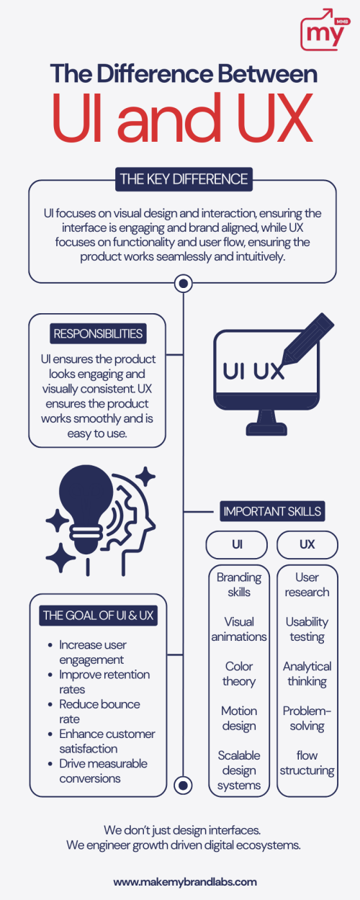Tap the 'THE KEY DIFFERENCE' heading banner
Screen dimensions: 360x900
click(x=184, y=179)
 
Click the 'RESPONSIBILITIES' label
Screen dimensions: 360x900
click(x=98, y=333)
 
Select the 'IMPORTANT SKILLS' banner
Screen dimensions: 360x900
click(x=272, y=511)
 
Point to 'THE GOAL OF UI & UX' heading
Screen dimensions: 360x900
click(x=99, y=616)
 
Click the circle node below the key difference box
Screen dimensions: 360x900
click(x=184, y=284)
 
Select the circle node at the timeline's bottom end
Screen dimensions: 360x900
click(x=184, y=785)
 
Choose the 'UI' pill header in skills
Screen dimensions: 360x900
click(x=237, y=544)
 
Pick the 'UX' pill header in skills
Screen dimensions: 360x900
click(x=307, y=544)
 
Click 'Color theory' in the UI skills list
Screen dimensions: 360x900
click(x=239, y=674)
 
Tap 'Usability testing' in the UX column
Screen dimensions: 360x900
click(x=307, y=629)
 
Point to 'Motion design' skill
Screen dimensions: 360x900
click(x=239, y=719)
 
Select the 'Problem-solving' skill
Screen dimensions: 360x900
click(x=307, y=719)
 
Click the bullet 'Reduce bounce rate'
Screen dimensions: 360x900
click(x=99, y=711)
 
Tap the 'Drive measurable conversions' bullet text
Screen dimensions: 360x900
click(x=103, y=771)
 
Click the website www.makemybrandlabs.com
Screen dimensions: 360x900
click(x=185, y=882)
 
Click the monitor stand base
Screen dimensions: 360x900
click(x=266, y=429)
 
